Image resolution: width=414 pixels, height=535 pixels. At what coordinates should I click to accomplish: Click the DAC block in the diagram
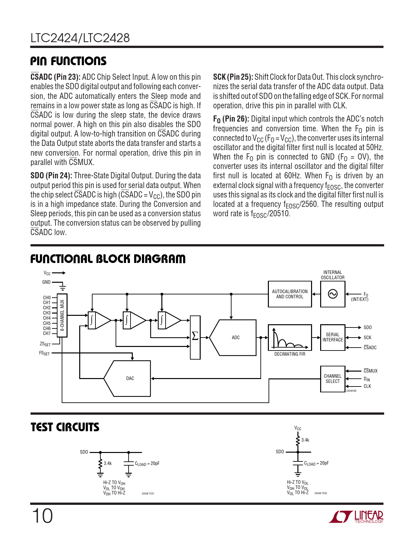tap(130, 378)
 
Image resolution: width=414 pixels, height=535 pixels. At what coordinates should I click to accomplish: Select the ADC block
tap(235, 338)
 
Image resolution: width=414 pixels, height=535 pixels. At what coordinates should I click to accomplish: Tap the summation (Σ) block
tap(195, 337)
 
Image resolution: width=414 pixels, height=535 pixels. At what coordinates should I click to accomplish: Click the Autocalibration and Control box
tap(290, 294)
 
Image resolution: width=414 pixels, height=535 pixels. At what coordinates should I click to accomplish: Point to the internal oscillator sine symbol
tap(332, 294)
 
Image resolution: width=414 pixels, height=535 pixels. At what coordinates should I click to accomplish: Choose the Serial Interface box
tap(332, 337)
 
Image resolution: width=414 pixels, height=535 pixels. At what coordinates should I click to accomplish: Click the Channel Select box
tap(332, 379)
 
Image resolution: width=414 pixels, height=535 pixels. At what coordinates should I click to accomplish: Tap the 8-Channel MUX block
tap(62, 315)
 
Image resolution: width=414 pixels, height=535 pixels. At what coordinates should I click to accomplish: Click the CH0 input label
tap(47, 298)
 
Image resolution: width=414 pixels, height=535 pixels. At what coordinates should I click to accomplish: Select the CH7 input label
tap(47, 333)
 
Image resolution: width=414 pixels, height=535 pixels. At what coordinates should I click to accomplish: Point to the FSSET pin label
tap(44, 353)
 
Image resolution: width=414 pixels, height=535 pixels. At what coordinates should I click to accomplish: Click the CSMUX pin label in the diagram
tap(370, 371)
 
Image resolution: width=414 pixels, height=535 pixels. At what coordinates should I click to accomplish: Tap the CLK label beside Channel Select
tap(367, 386)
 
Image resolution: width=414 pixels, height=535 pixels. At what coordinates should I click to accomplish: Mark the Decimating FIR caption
tap(290, 354)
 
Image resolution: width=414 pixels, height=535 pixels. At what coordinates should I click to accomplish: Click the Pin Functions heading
tap(68, 61)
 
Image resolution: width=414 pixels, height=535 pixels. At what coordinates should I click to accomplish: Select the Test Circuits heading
tap(65, 427)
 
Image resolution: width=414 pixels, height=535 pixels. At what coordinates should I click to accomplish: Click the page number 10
tap(42, 516)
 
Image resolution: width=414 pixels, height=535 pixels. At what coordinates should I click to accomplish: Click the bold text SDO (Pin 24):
tap(51, 176)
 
